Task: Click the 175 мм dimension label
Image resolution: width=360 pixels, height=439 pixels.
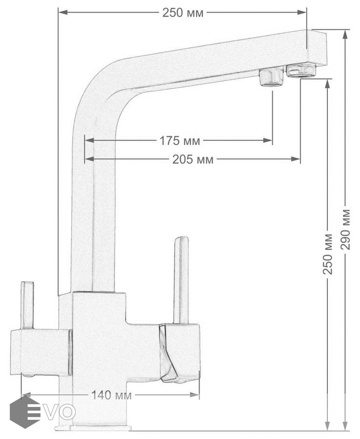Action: pyautogui.click(x=180, y=141)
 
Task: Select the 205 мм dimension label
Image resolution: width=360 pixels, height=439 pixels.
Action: pyautogui.click(x=193, y=160)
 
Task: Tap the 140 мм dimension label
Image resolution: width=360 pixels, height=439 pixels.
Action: pyautogui.click(x=111, y=395)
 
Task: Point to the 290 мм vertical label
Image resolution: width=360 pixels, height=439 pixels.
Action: pyautogui.click(x=346, y=229)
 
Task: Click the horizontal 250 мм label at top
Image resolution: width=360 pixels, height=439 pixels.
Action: pyautogui.click(x=183, y=13)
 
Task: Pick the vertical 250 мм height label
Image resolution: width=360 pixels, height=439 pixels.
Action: pyautogui.click(x=328, y=254)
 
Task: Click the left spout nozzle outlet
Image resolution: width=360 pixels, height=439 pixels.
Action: pyautogui.click(x=272, y=78)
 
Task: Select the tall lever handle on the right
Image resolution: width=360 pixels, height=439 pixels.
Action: pyautogui.click(x=181, y=280)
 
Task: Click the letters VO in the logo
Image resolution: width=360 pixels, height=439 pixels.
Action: pyautogui.click(x=60, y=412)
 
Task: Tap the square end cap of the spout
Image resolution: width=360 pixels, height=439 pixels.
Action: pyautogui.click(x=317, y=48)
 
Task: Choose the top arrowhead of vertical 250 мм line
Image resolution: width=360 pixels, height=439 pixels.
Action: pyautogui.click(x=328, y=84)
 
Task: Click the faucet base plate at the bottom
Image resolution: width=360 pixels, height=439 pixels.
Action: pyautogui.click(x=93, y=428)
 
